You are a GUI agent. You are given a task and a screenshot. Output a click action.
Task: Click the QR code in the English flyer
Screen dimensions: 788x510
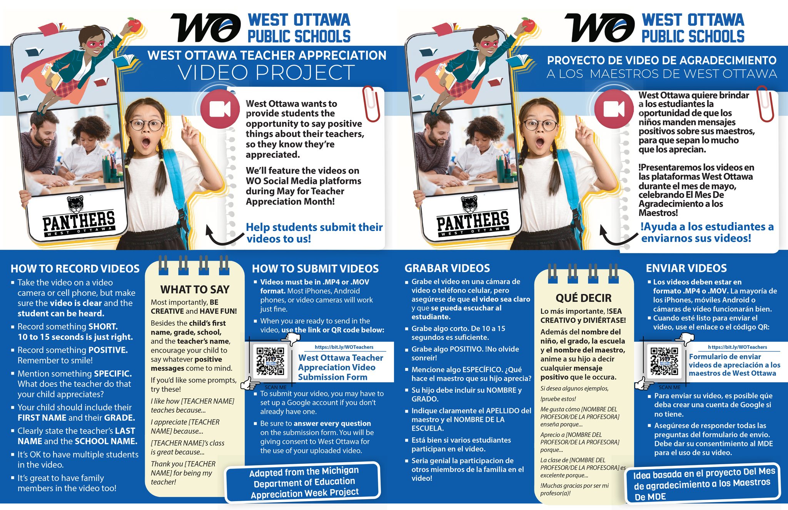point(270,361)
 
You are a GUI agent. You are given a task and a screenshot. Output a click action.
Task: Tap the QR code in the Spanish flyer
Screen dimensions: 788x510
point(664,361)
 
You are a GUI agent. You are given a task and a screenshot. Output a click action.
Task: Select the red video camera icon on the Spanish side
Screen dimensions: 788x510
point(614,109)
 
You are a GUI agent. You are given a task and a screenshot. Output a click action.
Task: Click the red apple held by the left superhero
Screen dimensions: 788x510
point(134,25)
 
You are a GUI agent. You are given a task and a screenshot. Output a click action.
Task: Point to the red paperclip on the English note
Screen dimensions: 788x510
point(371,104)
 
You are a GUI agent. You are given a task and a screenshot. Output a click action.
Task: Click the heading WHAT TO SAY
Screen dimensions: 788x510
point(195,289)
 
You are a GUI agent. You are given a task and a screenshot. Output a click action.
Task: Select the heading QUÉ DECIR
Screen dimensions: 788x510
point(583,298)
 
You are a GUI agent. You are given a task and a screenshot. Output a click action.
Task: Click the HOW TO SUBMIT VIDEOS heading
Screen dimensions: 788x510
point(315,269)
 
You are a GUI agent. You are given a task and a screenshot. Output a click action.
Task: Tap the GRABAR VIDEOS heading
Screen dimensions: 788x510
point(447,268)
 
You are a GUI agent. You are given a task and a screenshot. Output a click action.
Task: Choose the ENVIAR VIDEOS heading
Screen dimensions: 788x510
point(686,268)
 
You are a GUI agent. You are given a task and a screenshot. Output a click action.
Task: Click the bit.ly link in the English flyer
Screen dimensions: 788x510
point(344,347)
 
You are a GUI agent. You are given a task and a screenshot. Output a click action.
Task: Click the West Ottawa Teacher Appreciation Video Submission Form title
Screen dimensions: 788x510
point(341,367)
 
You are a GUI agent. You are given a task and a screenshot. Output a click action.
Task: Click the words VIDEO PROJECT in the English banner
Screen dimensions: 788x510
point(266,72)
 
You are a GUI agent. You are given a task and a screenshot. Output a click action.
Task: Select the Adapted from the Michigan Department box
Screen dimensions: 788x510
point(303,482)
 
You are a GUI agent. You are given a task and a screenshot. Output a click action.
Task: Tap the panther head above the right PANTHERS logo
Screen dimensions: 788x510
point(469,204)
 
